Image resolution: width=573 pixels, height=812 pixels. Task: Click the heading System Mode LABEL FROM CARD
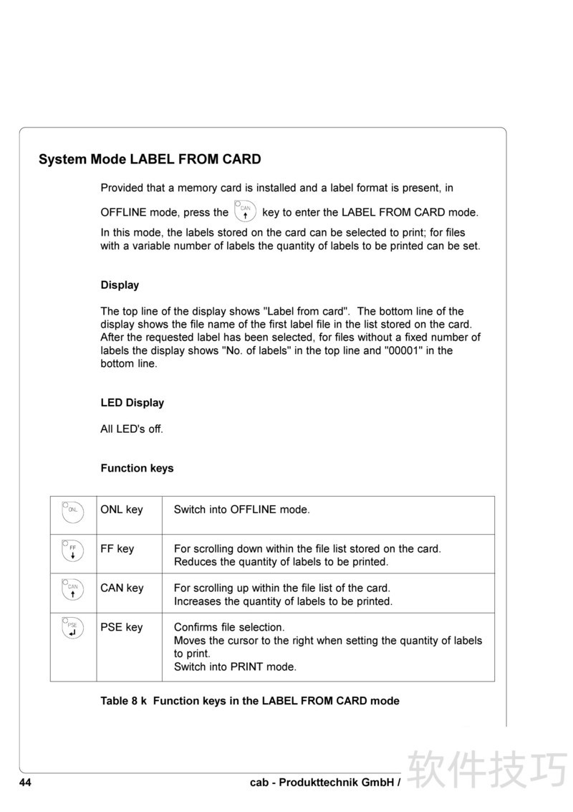coord(150,160)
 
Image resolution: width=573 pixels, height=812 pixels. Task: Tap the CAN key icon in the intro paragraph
coord(245,212)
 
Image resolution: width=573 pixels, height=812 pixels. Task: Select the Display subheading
coord(120,285)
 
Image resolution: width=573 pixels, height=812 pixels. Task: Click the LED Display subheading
coord(132,403)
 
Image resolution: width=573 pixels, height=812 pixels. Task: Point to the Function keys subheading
coord(137,469)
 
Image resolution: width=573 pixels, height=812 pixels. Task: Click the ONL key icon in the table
coord(73,510)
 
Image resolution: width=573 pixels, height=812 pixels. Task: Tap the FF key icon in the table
coord(73,550)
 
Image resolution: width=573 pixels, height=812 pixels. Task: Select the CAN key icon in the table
coord(73,589)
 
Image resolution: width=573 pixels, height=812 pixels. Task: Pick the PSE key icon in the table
coord(73,629)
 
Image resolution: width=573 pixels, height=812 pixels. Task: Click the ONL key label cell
coord(122,510)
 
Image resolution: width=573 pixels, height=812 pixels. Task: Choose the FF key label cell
coord(117,549)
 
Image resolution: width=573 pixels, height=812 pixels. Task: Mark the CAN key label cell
coord(122,588)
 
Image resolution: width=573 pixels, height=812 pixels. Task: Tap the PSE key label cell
coord(122,628)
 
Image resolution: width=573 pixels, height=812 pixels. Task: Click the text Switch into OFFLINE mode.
coord(242,510)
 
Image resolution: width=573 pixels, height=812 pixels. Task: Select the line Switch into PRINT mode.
coord(235,667)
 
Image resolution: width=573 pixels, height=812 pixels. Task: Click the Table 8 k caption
coord(250,701)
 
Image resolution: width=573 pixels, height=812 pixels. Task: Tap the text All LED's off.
coord(132,430)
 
